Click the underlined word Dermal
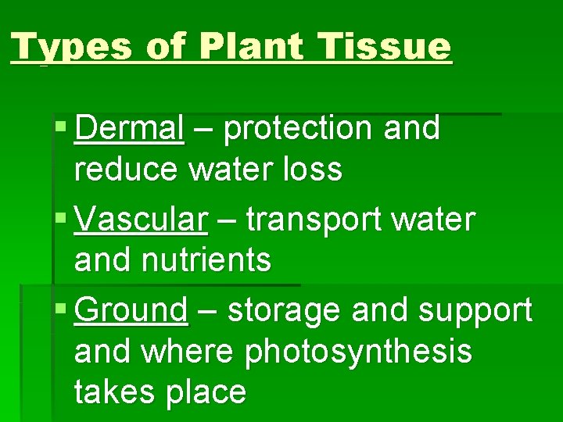pos(130,129)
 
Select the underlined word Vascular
pos(142,220)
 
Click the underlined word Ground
pos(131,311)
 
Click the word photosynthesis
pos(359,352)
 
